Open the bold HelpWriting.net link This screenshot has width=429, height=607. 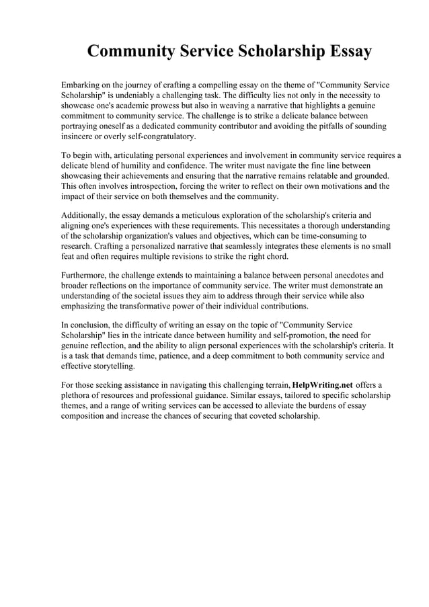[323, 385]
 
